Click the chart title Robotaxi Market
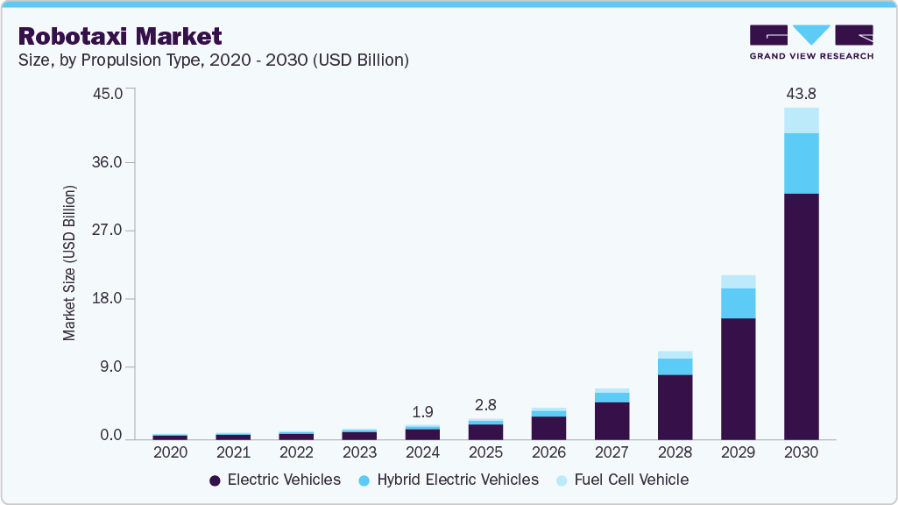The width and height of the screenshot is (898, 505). (120, 36)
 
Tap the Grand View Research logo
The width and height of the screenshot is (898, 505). (810, 41)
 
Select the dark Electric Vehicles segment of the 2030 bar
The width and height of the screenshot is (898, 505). (801, 316)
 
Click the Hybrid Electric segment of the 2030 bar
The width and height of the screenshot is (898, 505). (801, 163)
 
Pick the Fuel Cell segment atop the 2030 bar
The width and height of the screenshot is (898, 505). (801, 120)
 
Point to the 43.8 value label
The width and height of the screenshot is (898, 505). (801, 93)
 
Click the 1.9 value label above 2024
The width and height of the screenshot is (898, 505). (422, 411)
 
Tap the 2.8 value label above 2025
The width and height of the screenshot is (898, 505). (485, 405)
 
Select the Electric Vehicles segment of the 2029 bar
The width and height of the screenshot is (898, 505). (738, 378)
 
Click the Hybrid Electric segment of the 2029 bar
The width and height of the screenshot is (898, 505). (738, 302)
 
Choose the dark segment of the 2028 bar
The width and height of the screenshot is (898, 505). (675, 407)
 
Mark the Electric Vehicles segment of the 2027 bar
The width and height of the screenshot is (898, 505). (612, 420)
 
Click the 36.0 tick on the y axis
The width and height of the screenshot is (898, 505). (110, 162)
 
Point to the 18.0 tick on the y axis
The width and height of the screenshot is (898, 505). (110, 299)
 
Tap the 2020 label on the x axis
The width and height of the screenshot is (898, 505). (170, 452)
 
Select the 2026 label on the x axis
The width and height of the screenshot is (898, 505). (548, 452)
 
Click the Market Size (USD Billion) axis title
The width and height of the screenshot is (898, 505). (69, 263)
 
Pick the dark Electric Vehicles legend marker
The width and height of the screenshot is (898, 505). (214, 480)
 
